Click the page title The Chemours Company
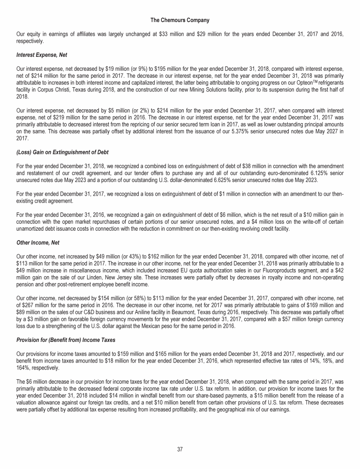click(180, 20)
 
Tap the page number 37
click(180, 449)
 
